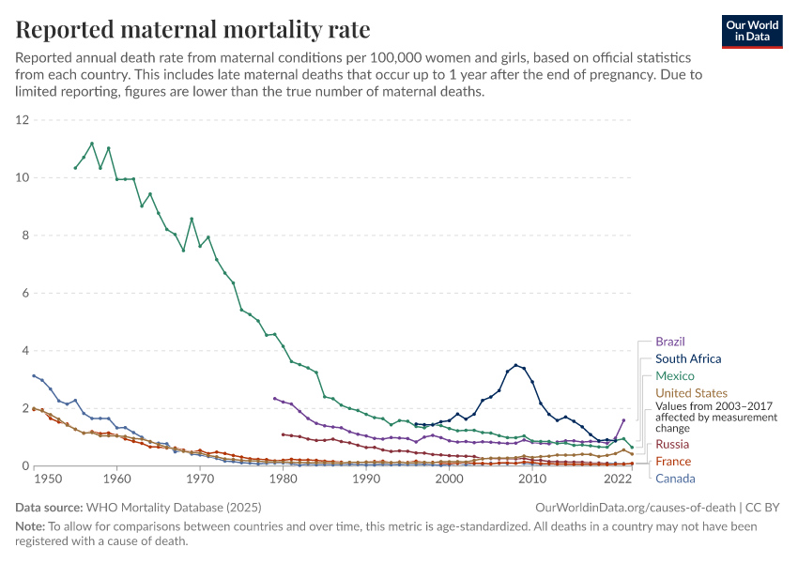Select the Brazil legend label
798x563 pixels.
670,342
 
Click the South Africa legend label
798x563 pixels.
688,358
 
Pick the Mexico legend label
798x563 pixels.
674,375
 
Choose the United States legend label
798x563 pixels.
691,392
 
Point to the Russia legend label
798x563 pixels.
672,444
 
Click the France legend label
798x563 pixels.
672,461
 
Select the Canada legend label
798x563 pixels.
675,479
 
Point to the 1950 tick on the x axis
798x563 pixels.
34,479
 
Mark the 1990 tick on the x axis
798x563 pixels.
366,479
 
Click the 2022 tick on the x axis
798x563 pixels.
616,479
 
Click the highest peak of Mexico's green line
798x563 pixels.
92,144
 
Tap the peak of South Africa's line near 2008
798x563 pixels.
515,365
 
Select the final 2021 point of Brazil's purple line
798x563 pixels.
623,420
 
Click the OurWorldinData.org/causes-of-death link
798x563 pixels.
635,507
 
